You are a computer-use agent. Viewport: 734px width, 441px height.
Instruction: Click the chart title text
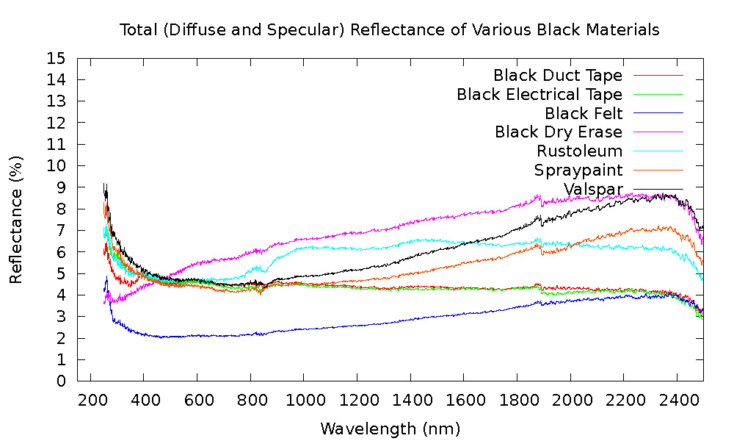[x=390, y=30]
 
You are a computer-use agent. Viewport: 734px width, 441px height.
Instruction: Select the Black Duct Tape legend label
[x=558, y=75]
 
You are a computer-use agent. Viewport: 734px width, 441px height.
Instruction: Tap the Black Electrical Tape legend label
[x=539, y=94]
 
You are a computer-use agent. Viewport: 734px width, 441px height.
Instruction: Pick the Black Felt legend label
[x=584, y=113]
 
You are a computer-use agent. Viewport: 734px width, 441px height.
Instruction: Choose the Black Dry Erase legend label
[x=559, y=132]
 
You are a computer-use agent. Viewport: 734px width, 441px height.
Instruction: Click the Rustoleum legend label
[x=579, y=151]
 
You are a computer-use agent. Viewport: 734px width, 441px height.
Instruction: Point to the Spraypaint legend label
[x=578, y=171]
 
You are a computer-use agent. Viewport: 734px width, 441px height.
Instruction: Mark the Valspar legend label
[x=593, y=190]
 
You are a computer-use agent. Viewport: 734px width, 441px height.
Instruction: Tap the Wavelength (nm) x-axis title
[x=390, y=428]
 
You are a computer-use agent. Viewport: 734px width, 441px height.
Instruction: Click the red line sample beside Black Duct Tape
[x=658, y=75]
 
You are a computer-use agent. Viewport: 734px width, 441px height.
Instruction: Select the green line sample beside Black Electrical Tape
[x=658, y=94]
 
